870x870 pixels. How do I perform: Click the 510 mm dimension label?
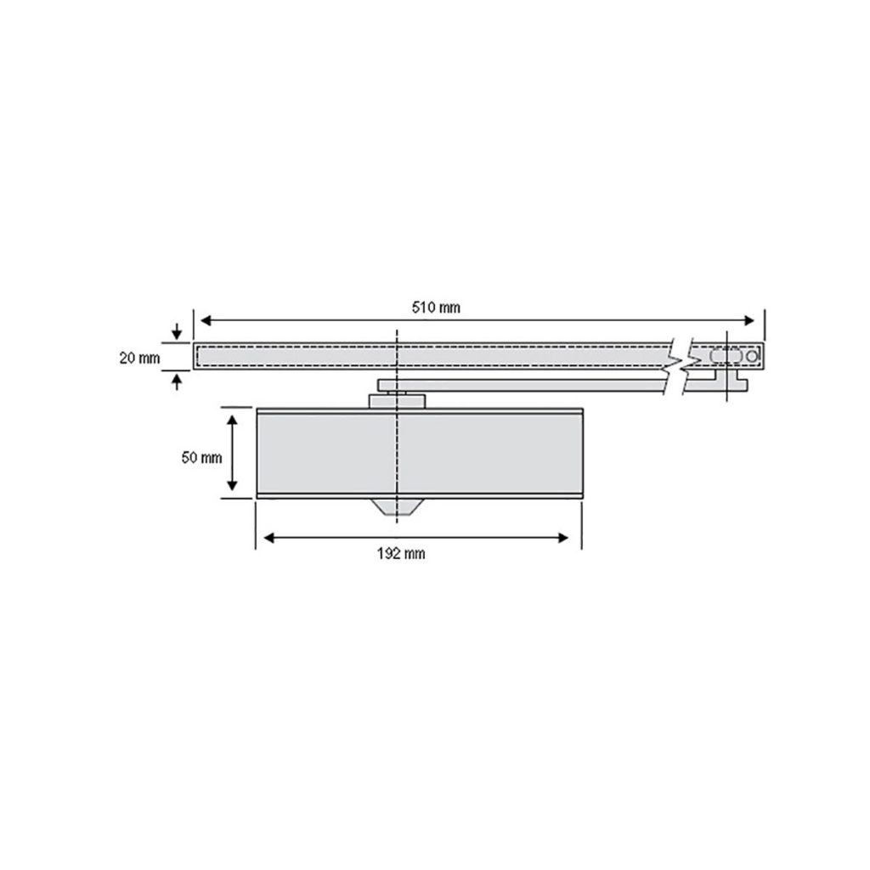tap(436, 308)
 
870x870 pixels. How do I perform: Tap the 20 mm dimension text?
tap(139, 359)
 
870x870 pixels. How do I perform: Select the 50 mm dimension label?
tap(201, 458)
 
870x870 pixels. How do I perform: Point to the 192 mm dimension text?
tap(401, 554)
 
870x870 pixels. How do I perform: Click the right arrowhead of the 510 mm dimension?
tap(749, 320)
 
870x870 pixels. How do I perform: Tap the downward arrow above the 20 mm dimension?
tap(177, 332)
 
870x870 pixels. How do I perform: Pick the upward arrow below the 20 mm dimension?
tap(177, 381)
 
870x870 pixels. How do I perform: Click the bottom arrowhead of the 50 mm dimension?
tap(233, 485)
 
